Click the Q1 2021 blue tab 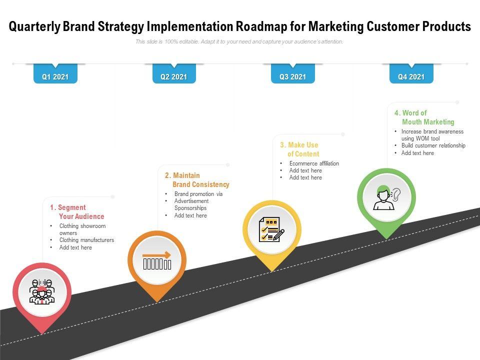[x=55, y=77]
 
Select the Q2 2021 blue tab [x=173, y=77]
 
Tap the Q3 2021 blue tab [x=292, y=77]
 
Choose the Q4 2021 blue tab [x=411, y=77]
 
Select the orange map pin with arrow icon [x=157, y=260]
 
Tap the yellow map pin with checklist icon [x=271, y=229]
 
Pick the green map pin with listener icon [x=386, y=197]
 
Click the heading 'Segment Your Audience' [x=77, y=212]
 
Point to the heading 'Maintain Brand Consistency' [x=197, y=180]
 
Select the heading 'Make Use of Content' [x=299, y=149]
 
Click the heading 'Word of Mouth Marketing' [x=424, y=117]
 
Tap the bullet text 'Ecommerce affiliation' [x=314, y=163]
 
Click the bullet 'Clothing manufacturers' [x=86, y=240]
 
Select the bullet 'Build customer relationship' [x=433, y=145]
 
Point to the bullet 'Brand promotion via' [x=198, y=194]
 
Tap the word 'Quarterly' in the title [x=34, y=26]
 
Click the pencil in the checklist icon [x=278, y=234]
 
